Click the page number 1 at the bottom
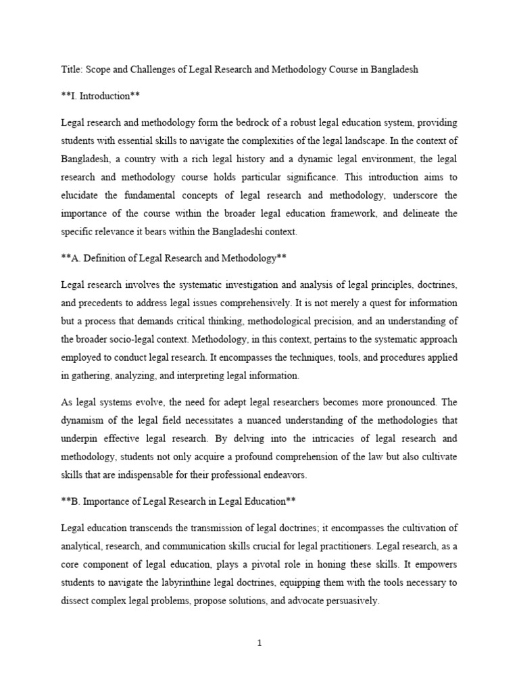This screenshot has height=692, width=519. click(259, 643)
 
